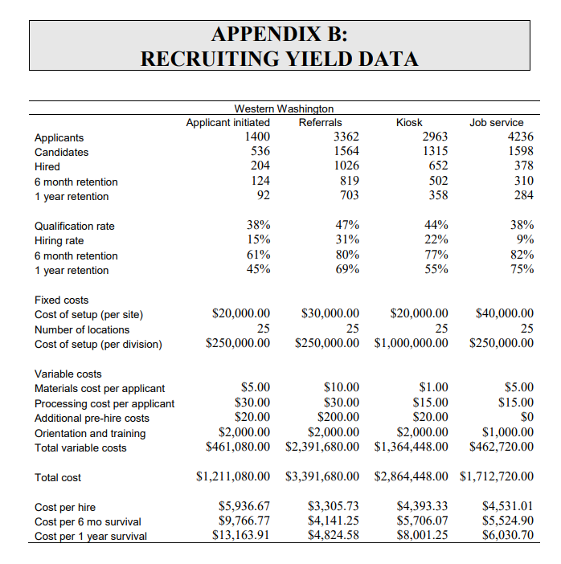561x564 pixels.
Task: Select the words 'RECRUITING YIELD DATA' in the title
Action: (x=280, y=59)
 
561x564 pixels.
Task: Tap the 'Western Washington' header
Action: (x=283, y=108)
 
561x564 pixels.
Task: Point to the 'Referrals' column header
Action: (x=320, y=122)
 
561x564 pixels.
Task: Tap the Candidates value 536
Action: (x=259, y=152)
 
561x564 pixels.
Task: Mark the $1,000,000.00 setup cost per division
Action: (x=411, y=344)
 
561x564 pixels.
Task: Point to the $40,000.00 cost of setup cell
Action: (x=504, y=313)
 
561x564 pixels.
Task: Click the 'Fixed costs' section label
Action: (x=62, y=300)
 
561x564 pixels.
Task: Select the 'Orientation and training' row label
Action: (x=90, y=433)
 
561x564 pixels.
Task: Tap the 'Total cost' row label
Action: (x=58, y=477)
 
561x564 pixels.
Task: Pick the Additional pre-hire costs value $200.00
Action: (x=338, y=418)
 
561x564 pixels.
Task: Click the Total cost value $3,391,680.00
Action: (x=321, y=477)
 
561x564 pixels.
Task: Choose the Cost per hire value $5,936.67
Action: (x=244, y=507)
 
